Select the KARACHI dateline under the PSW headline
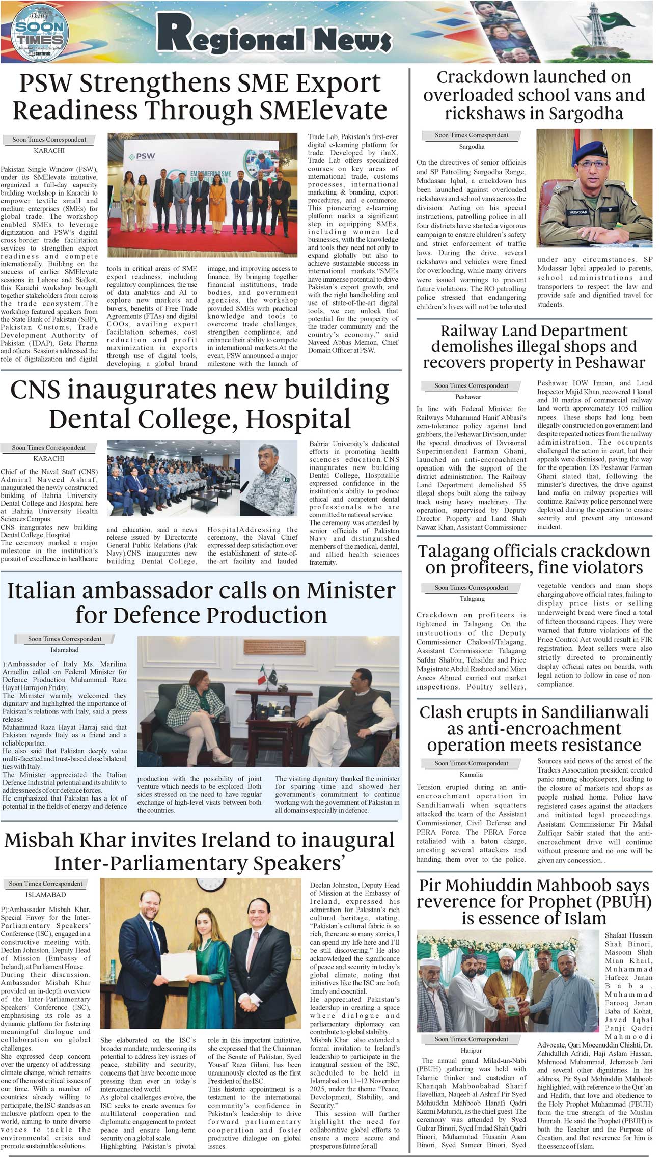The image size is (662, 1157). coord(49,151)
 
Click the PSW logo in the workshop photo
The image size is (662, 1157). coord(142,156)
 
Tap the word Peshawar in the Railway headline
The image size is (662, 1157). coord(610,363)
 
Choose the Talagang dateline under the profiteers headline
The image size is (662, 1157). coord(472,599)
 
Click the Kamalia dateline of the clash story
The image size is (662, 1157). coord(471,775)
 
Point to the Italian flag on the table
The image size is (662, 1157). coord(262,676)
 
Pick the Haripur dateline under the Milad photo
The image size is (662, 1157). coord(471,1051)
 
